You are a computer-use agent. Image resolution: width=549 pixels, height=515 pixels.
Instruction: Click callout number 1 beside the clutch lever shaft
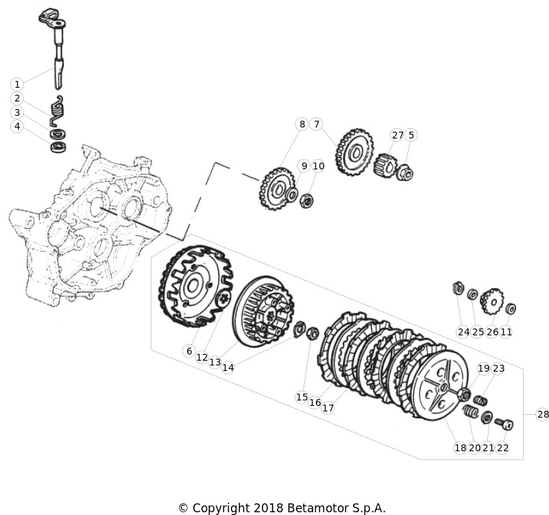click(x=17, y=84)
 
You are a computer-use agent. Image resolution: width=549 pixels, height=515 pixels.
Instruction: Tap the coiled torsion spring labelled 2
click(x=57, y=110)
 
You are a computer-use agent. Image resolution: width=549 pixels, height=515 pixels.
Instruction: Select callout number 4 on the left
click(x=17, y=126)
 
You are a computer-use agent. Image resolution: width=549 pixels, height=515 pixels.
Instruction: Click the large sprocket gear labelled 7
click(x=354, y=152)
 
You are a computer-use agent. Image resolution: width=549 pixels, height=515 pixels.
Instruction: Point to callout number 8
click(x=302, y=124)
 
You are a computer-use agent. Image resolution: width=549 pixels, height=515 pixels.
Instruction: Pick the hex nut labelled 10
click(x=307, y=201)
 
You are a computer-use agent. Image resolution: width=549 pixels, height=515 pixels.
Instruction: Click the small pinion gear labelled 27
click(x=385, y=165)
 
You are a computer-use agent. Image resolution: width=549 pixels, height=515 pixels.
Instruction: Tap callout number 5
click(x=411, y=135)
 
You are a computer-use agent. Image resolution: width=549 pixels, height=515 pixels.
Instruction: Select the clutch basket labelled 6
click(x=195, y=287)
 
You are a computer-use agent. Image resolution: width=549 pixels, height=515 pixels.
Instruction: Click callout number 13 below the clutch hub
click(x=215, y=362)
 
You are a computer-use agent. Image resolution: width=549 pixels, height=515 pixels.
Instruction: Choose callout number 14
click(x=228, y=368)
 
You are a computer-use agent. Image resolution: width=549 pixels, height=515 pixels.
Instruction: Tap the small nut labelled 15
click(x=313, y=333)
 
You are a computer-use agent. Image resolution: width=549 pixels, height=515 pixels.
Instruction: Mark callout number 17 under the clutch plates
click(x=328, y=408)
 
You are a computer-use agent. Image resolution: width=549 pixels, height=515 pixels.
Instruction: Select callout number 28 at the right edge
click(x=542, y=414)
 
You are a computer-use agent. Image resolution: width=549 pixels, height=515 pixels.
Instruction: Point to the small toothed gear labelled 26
click(x=492, y=301)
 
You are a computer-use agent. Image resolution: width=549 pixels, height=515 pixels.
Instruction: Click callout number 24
click(x=463, y=332)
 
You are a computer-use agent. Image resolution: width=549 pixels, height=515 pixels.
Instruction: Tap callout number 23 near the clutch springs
click(x=498, y=368)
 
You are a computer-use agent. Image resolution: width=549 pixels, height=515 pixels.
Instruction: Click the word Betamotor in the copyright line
click(x=317, y=507)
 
